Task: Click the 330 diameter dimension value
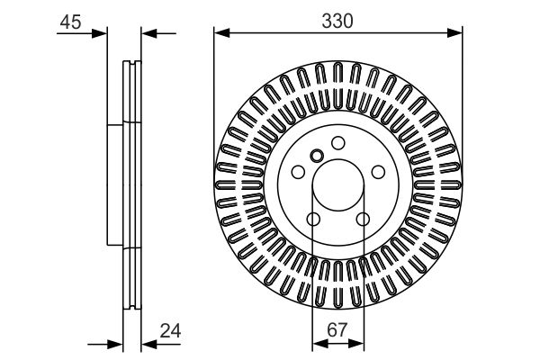(x=337, y=20)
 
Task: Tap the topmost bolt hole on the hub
(x=338, y=142)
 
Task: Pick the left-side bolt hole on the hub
(x=297, y=172)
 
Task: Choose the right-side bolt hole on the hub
(x=379, y=172)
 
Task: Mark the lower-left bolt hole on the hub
(x=313, y=220)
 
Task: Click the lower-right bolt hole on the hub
(x=363, y=220)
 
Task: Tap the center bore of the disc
(x=337, y=186)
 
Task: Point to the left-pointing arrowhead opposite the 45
(x=148, y=35)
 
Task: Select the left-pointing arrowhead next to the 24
(x=148, y=343)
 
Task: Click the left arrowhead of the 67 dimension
(x=317, y=343)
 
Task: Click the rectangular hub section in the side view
(x=115, y=184)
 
